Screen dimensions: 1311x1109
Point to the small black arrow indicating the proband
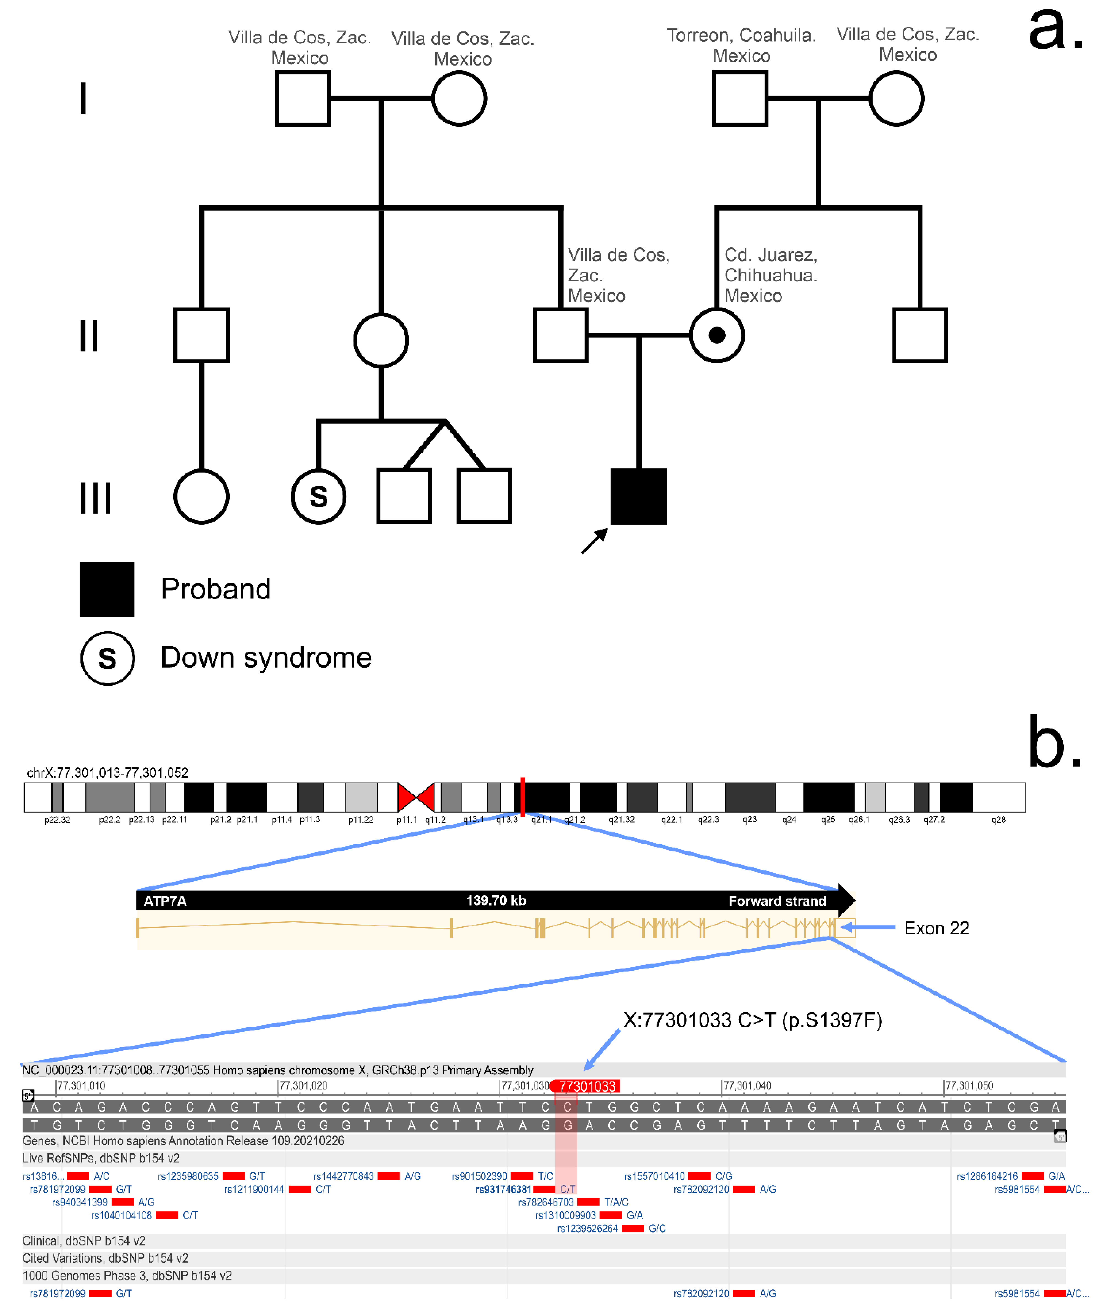coord(594,541)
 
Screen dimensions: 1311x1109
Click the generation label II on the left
coord(89,335)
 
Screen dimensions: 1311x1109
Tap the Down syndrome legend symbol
coord(107,658)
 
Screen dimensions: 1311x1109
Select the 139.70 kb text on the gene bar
coord(495,900)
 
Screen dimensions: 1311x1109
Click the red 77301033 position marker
coord(586,1086)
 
